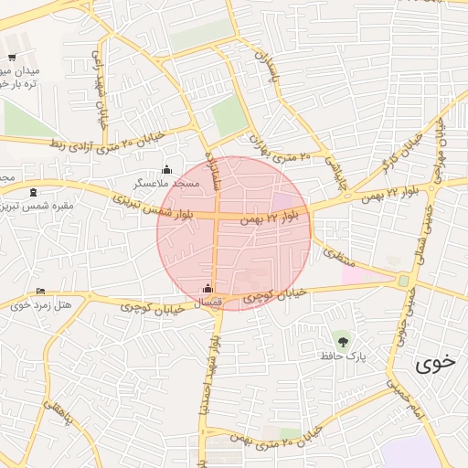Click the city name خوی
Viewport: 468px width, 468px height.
tap(434, 363)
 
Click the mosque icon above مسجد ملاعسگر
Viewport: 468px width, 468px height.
tap(166, 170)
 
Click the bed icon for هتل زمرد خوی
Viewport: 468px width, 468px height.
tap(39, 292)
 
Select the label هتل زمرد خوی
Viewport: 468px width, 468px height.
tap(34, 304)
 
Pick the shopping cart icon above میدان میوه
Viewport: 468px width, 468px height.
tap(11, 58)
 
